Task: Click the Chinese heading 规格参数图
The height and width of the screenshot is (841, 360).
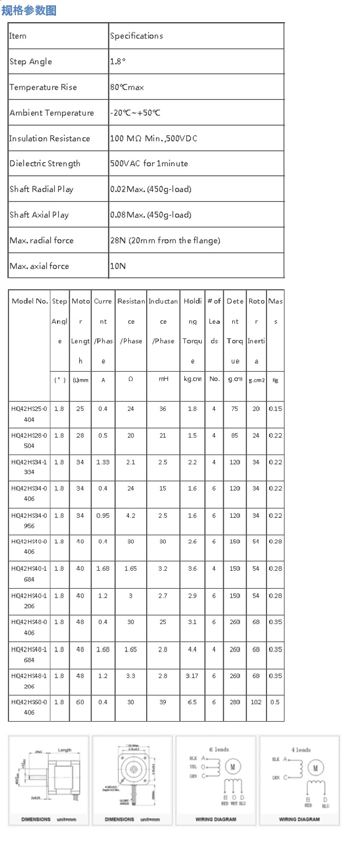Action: (29, 10)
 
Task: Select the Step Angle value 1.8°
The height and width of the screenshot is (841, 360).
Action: (118, 61)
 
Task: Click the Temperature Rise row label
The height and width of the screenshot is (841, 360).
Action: (43, 87)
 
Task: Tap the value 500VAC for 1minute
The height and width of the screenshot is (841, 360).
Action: (149, 164)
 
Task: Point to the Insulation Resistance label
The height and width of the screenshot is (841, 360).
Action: (50, 138)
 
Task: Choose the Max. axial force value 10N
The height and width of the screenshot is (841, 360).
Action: (118, 266)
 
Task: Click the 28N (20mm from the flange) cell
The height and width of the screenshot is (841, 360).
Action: (165, 240)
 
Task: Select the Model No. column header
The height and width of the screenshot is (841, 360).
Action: (30, 301)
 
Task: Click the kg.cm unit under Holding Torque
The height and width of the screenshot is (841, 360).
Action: (192, 379)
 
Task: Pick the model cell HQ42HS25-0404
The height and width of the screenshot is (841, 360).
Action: (29, 414)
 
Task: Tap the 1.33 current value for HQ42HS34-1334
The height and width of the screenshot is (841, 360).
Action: (103, 462)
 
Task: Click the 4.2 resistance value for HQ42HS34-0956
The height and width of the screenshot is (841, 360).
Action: (130, 516)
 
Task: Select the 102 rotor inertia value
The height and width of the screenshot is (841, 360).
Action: (256, 702)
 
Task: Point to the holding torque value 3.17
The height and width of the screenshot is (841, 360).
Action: (192, 676)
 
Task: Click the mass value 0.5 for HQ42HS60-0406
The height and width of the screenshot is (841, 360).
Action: (275, 702)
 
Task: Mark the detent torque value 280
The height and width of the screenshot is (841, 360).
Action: (235, 702)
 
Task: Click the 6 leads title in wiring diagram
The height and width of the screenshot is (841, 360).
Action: (219, 750)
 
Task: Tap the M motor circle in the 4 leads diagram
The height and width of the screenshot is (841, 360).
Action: (315, 768)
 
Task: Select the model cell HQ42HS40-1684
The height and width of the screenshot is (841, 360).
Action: (29, 574)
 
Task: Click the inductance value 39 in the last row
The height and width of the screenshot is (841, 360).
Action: (163, 702)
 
